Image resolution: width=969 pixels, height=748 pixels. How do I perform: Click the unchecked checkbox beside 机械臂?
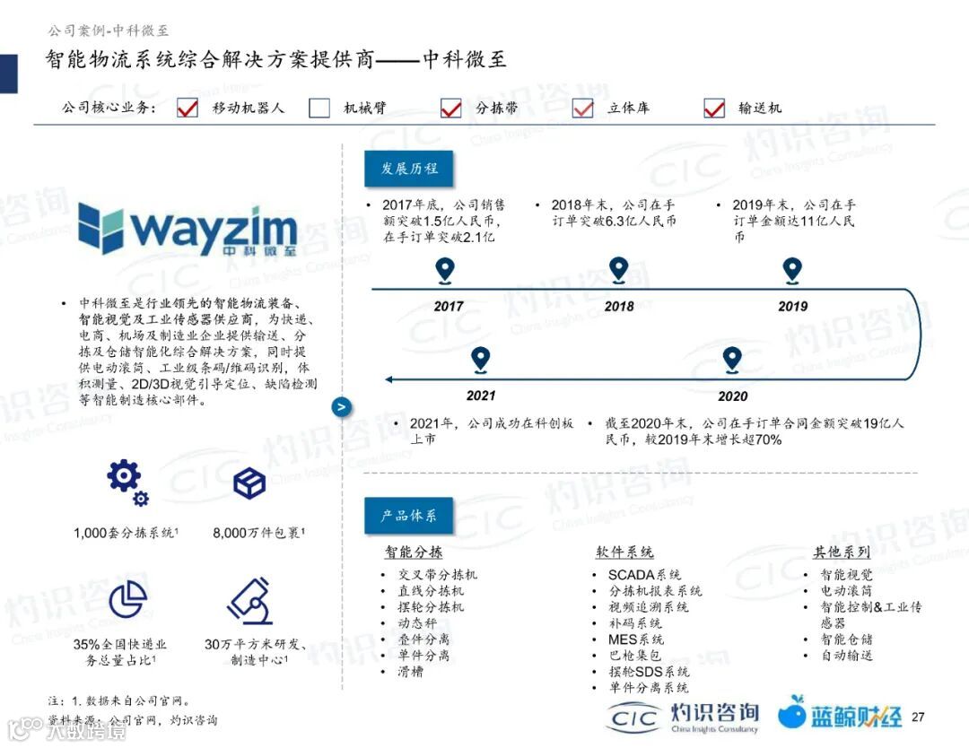tap(319, 109)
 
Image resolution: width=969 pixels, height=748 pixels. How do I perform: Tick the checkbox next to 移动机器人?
tap(188, 109)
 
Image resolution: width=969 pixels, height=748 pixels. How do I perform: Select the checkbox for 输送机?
tap(714, 109)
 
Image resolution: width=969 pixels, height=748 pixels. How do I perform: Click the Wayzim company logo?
tap(187, 229)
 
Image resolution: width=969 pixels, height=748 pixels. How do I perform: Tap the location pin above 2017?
tap(445, 270)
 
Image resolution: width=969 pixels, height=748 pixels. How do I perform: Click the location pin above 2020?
tap(732, 361)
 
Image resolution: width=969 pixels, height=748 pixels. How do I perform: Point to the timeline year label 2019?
tap(792, 306)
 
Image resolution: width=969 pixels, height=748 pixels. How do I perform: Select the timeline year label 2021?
tap(481, 396)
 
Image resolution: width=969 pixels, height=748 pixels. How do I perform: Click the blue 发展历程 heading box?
tap(408, 169)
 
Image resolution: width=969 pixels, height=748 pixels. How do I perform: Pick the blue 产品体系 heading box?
tap(408, 516)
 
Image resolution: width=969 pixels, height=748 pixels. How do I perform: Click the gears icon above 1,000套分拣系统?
tap(127, 483)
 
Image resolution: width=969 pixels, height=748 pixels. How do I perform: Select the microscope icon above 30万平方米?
tap(250, 600)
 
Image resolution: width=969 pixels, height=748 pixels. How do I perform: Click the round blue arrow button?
tap(341, 407)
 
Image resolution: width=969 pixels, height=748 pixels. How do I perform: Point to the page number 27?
tap(917, 717)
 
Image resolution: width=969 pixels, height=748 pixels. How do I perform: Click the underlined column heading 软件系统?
tap(624, 552)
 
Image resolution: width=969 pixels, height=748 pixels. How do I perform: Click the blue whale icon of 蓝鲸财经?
tap(791, 713)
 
